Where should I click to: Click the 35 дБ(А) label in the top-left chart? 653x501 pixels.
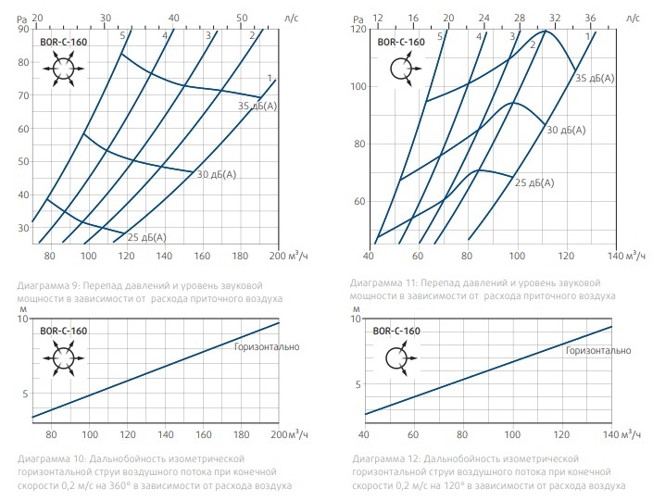[x=258, y=106]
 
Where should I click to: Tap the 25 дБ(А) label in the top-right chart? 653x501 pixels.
[x=534, y=182]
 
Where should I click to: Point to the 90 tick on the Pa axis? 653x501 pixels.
[x=23, y=29]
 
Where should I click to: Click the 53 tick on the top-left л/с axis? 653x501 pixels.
[x=242, y=18]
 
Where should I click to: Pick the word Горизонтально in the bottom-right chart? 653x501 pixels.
[x=597, y=350]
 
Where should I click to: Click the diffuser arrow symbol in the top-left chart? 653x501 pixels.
[x=64, y=69]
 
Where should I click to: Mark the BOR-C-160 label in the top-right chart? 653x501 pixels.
[x=400, y=42]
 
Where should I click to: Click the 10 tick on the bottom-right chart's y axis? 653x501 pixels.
[x=358, y=319]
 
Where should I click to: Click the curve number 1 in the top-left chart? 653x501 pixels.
[x=268, y=77]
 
